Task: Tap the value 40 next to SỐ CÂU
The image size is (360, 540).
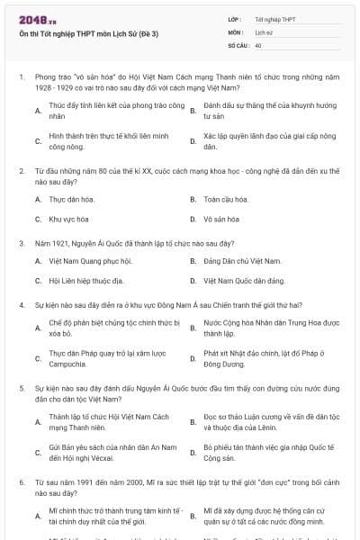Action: (x=258, y=44)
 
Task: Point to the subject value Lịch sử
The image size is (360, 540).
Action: (x=264, y=31)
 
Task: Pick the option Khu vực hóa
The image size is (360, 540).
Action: (x=69, y=219)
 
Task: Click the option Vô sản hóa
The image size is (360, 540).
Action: (x=222, y=219)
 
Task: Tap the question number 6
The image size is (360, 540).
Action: (x=21, y=482)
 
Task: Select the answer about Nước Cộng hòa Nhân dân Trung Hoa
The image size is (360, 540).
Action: (x=270, y=327)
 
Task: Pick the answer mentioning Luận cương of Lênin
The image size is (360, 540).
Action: (x=269, y=421)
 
